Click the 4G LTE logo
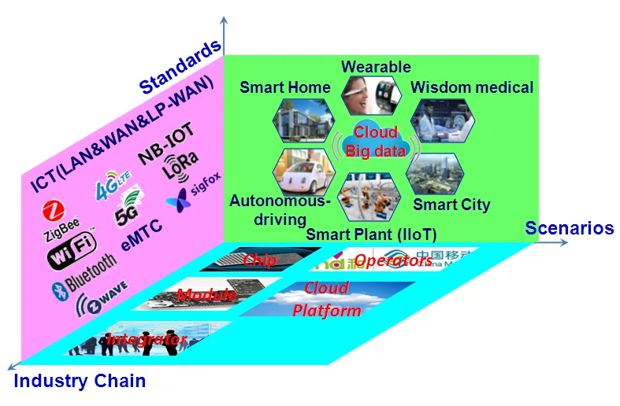[x=113, y=190]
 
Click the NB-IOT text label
[x=166, y=149]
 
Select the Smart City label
[x=451, y=205]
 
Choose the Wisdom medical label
[x=472, y=87]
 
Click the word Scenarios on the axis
[x=570, y=228]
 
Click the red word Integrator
[x=147, y=340]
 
